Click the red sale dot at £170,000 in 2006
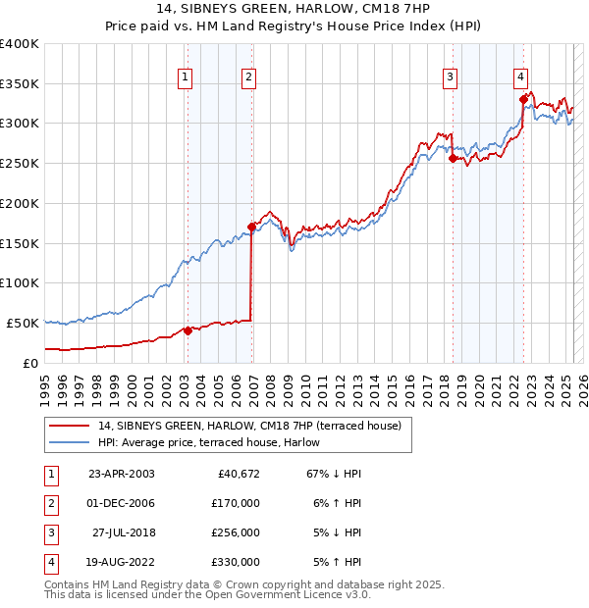tap(252, 227)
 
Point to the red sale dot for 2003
tap(187, 330)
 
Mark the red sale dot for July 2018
tap(453, 158)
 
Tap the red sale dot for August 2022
tap(523, 99)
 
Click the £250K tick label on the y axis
tap(19, 164)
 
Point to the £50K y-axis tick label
tap(23, 323)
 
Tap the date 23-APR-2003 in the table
tap(121, 475)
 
